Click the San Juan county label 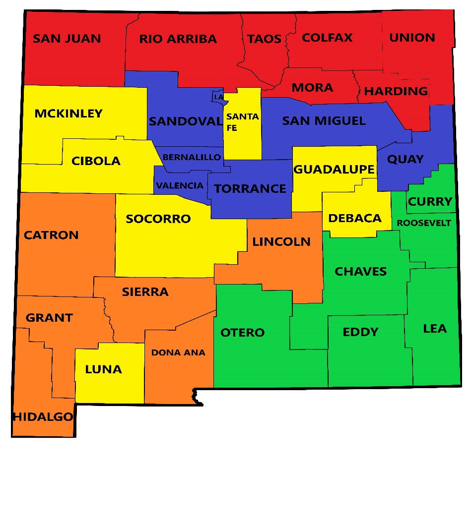coord(67,39)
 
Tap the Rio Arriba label coord(178,39)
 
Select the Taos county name coord(264,39)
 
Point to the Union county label coord(412,38)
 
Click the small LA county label coord(218,97)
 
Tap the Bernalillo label coord(192,157)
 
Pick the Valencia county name coord(180,186)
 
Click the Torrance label coord(250,188)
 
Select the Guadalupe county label coord(334,170)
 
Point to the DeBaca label coord(355,218)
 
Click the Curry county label coord(430,202)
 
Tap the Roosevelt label coord(424,223)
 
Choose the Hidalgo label coord(43,417)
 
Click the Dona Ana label coord(178,353)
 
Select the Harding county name coord(396,91)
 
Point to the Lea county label coord(435,329)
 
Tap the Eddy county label coord(360,332)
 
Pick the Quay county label coord(405,159)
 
